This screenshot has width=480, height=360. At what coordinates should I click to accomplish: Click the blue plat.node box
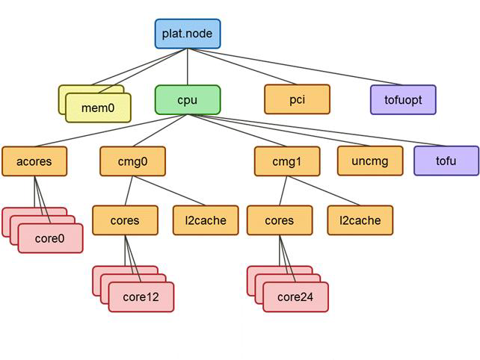[x=187, y=34]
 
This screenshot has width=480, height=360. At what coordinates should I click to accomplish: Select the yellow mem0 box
[x=98, y=108]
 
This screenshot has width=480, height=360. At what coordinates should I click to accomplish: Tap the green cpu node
[x=188, y=99]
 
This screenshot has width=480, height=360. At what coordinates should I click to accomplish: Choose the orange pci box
[x=297, y=99]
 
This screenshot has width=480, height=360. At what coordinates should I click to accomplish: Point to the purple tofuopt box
[x=403, y=99]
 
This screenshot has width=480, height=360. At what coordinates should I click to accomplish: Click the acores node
[x=34, y=161]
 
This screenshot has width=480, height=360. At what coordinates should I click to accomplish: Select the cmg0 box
[x=132, y=161]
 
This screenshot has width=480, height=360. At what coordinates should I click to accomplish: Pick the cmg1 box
[x=287, y=161]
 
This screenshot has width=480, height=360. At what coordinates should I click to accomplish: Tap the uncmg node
[x=369, y=161]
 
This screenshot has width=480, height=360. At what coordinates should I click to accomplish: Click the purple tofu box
[x=446, y=161]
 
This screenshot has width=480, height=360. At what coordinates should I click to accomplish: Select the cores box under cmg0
[x=125, y=220]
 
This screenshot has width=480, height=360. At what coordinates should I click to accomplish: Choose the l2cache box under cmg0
[x=206, y=220]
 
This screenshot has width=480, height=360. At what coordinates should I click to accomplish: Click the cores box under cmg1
[x=280, y=220]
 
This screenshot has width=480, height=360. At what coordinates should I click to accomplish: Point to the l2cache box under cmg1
[x=360, y=220]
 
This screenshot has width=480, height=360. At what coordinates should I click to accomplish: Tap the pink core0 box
[x=50, y=238]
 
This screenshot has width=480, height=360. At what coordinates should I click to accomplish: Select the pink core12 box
[x=141, y=297]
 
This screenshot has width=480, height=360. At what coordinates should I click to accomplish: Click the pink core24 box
[x=295, y=297]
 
